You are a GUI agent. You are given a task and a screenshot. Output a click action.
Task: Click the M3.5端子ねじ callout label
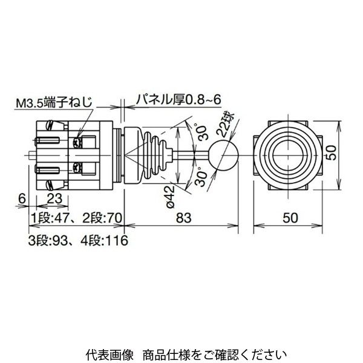64,103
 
